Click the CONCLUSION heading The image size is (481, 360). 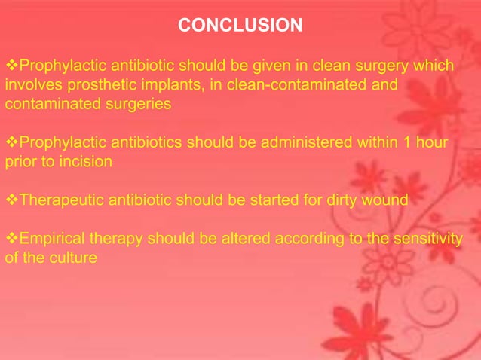click(240, 26)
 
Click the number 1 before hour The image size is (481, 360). click(402, 142)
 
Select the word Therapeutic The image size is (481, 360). click(58, 200)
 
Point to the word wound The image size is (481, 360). click(387, 200)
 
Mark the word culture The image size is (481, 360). click(75, 258)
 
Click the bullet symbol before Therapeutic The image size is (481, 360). click(11, 200)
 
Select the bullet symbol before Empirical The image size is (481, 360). click(11, 239)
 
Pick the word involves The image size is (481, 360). click(30, 85)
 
